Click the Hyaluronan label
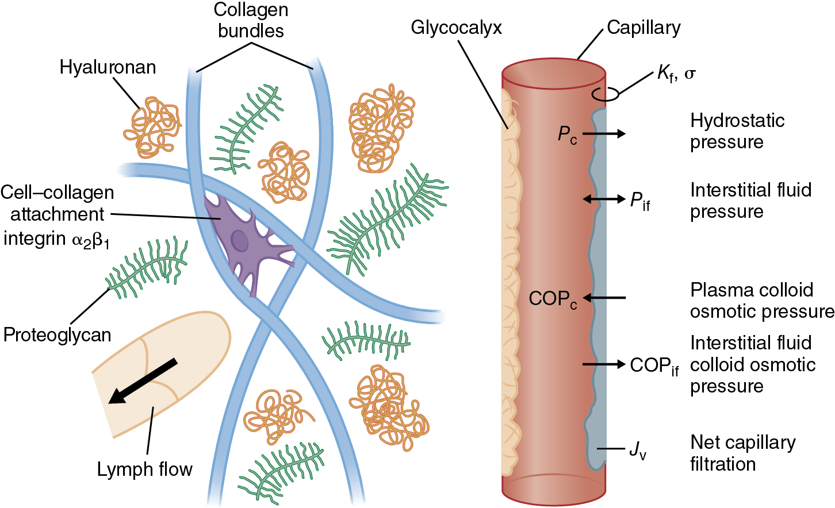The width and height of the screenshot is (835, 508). pyautogui.click(x=108, y=67)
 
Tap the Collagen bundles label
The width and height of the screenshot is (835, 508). pyautogui.click(x=251, y=20)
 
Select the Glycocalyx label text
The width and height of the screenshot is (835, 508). pyautogui.click(x=456, y=28)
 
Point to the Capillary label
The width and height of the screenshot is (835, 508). pyautogui.click(x=644, y=28)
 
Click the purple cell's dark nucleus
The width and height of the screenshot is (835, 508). pyautogui.click(x=239, y=241)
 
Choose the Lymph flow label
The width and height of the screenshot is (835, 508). pyautogui.click(x=144, y=469)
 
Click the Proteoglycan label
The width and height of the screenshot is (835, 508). pyautogui.click(x=57, y=334)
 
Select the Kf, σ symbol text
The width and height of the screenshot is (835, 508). pyautogui.click(x=676, y=74)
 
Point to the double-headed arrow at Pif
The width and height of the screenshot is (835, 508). pyautogui.click(x=604, y=199)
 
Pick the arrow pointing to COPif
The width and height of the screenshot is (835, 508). pyautogui.click(x=604, y=364)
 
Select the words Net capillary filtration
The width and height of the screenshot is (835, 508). pyautogui.click(x=742, y=453)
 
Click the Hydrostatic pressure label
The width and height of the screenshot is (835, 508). pyautogui.click(x=737, y=131)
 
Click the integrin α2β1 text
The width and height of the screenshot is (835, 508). pyautogui.click(x=56, y=238)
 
